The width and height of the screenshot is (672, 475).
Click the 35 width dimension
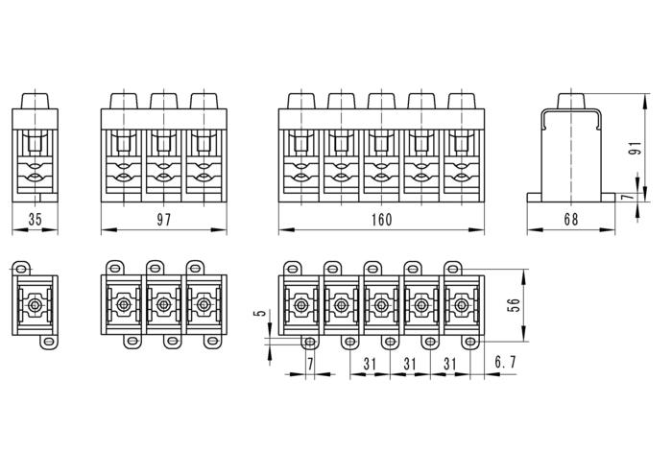(x=36, y=220)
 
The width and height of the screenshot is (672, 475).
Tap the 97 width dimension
(x=163, y=220)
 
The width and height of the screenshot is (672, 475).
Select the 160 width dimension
(x=381, y=220)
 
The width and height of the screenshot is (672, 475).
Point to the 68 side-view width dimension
(x=570, y=220)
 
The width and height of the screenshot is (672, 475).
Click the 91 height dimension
(x=634, y=148)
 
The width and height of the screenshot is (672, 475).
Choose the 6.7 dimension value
(x=506, y=362)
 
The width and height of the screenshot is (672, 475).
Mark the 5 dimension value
(x=257, y=316)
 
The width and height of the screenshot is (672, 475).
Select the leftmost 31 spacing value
(x=370, y=362)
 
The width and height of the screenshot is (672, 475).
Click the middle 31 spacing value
(x=409, y=362)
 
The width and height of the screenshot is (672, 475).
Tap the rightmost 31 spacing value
(x=448, y=362)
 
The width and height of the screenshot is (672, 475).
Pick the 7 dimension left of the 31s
(x=310, y=362)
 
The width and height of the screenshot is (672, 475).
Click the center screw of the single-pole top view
(x=35, y=306)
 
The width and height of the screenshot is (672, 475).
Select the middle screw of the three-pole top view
(x=164, y=306)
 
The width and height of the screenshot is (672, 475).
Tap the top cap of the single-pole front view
(x=35, y=100)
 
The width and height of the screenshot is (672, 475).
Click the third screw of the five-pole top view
(x=381, y=306)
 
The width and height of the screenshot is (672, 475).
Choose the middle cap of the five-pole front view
(x=381, y=100)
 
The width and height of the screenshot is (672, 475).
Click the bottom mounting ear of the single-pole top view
(x=48, y=342)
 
